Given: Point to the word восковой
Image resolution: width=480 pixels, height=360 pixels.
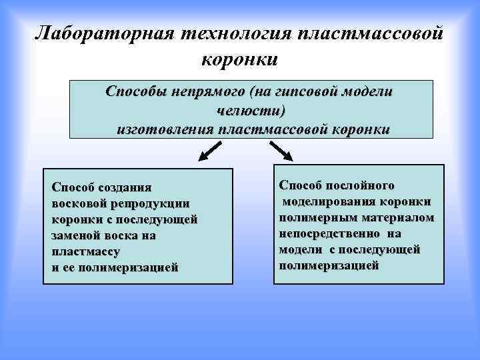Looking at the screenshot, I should (x=77, y=203).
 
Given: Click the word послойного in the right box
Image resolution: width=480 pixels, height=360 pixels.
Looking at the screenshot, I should (x=363, y=185).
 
